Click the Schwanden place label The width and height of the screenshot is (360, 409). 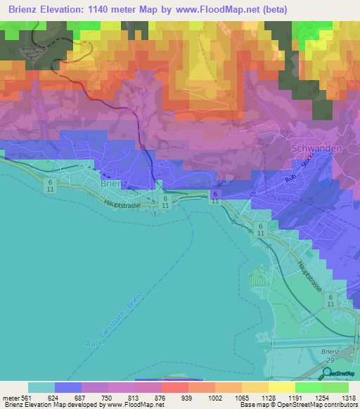[x=316, y=150]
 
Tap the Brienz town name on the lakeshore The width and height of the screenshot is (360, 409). [x=114, y=183]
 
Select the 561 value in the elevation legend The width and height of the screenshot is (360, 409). [x=27, y=398]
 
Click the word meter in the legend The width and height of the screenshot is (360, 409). [x=10, y=398]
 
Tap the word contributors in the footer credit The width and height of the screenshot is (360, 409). [x=341, y=405]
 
